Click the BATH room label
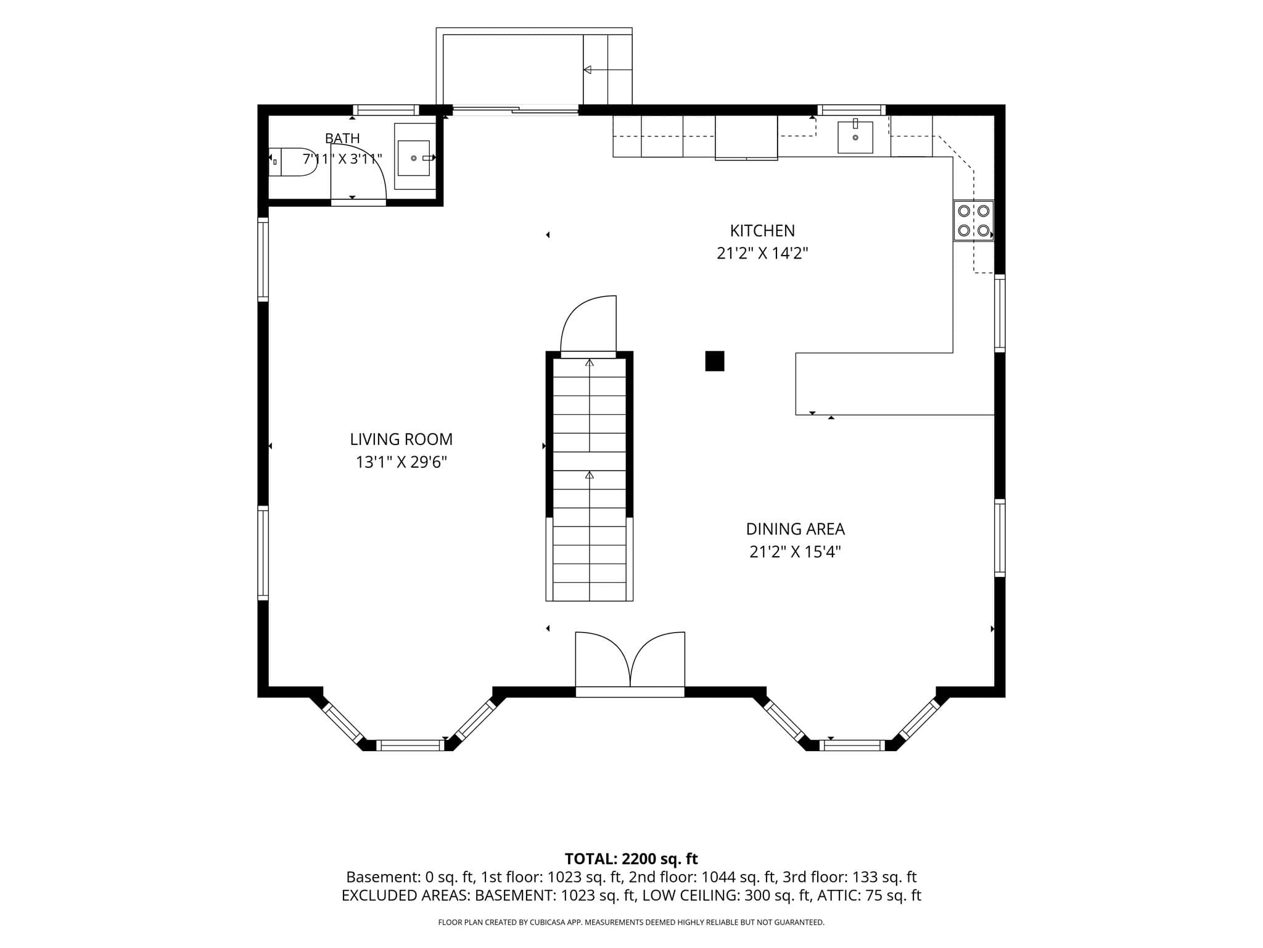pyautogui.click(x=342, y=138)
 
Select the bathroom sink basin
pyautogui.click(x=414, y=158)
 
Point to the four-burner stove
pyautogui.click(x=974, y=220)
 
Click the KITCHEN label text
pyautogui.click(x=762, y=231)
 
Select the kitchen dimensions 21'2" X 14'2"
pyautogui.click(x=762, y=254)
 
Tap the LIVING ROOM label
pyautogui.click(x=401, y=439)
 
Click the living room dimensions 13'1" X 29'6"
pyautogui.click(x=401, y=462)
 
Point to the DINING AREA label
pyautogui.click(x=795, y=529)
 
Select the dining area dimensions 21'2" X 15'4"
pyautogui.click(x=795, y=552)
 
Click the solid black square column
pyautogui.click(x=715, y=361)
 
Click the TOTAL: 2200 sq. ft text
pyautogui.click(x=631, y=859)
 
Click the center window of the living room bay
pyautogui.click(x=410, y=745)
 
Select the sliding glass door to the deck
pyautogui.click(x=516, y=110)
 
